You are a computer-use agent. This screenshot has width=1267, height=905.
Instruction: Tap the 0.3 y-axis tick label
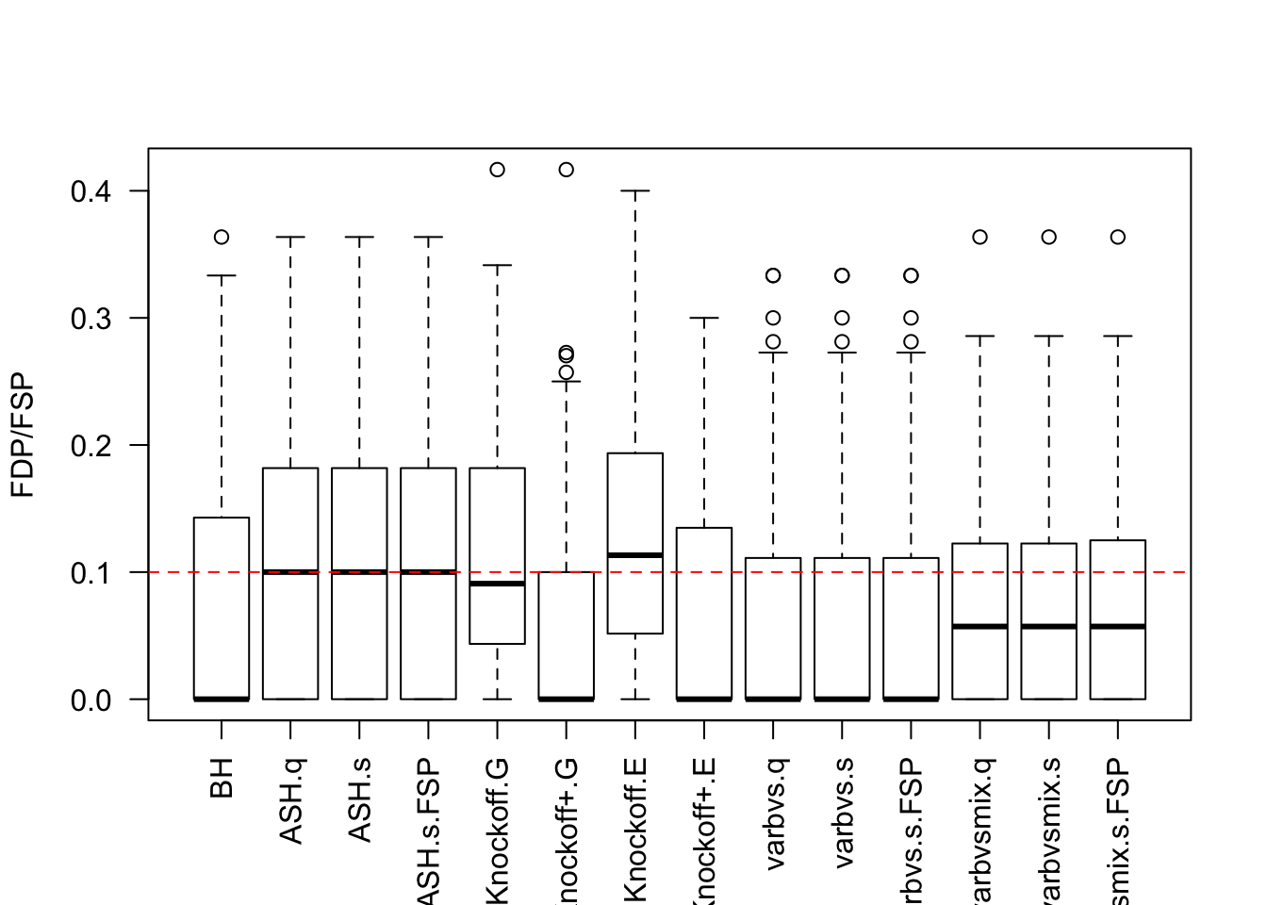[91, 319]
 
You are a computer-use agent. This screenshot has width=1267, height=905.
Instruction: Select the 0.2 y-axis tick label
[91, 446]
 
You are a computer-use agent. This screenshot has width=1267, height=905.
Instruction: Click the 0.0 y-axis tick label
[91, 700]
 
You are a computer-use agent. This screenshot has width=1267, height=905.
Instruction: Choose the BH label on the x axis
[222, 777]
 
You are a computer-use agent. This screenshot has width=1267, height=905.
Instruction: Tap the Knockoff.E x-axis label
[635, 830]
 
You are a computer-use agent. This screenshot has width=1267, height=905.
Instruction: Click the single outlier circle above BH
[222, 237]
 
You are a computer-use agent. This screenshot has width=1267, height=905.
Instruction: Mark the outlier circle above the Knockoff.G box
[497, 170]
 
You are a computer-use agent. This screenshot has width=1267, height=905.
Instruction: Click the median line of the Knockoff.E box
[635, 555]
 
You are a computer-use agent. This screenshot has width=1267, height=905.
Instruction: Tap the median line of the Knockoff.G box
[497, 584]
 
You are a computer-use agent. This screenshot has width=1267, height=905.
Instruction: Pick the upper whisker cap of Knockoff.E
[635, 190]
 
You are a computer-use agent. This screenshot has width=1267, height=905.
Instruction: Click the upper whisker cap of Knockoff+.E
[704, 318]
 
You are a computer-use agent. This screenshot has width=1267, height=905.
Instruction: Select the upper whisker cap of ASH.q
[290, 238]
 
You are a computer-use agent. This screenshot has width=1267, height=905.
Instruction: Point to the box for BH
[222, 608]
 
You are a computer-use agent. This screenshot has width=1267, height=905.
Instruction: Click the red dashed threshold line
[1169, 572]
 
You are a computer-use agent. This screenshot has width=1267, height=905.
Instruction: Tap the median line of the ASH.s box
[359, 571]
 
